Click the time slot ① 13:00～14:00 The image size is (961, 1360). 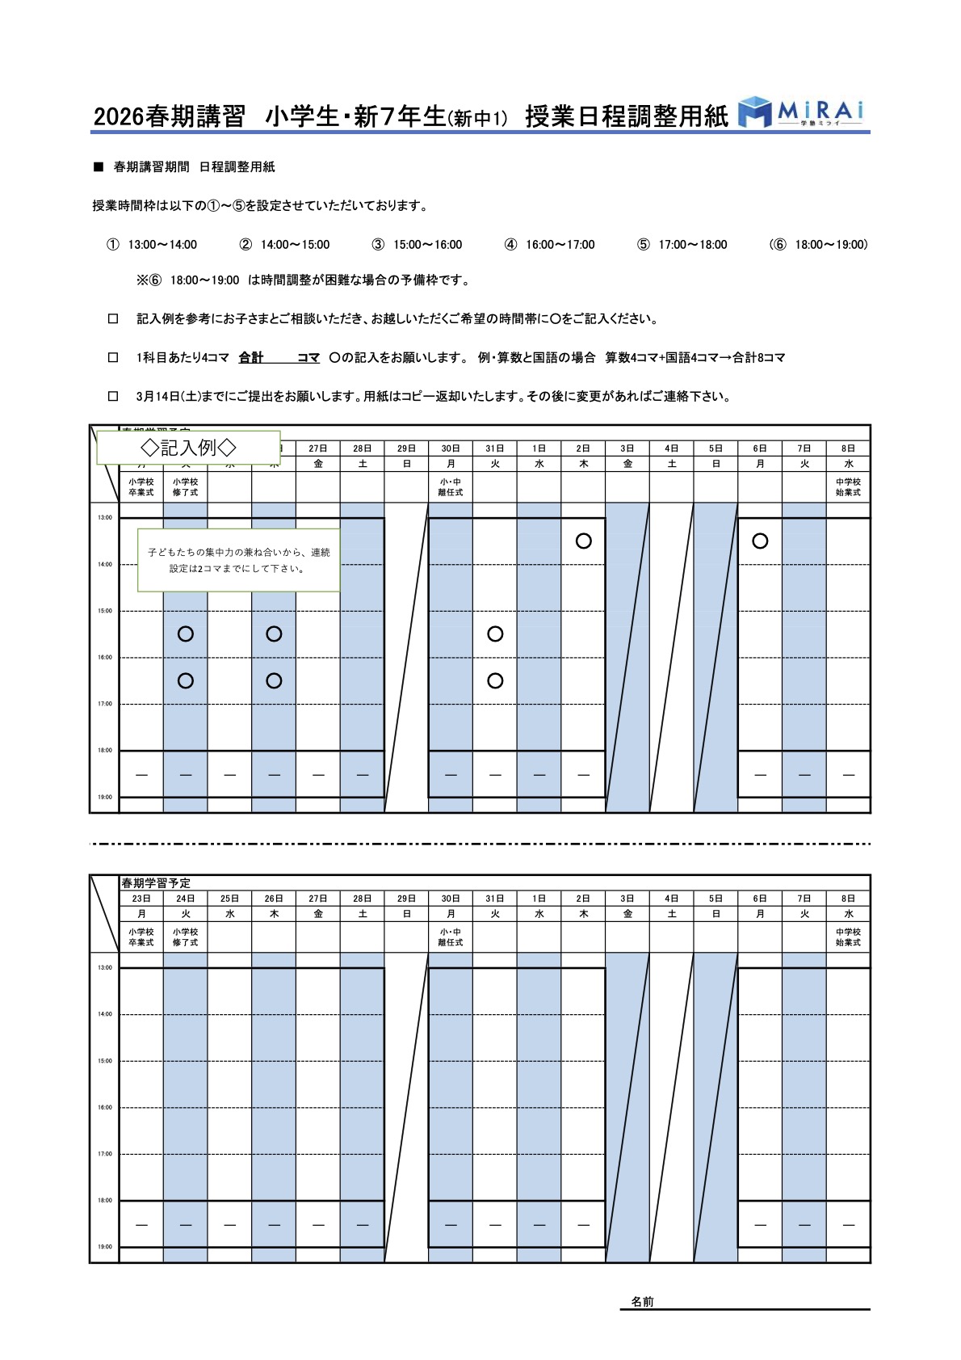point(153,245)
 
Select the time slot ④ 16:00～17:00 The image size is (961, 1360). point(550,245)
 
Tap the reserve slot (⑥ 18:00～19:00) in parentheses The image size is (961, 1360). point(819,245)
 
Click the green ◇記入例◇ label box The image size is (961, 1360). point(188,447)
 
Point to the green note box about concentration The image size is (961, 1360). point(238,560)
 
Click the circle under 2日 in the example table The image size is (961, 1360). point(583,541)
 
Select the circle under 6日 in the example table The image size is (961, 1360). point(760,541)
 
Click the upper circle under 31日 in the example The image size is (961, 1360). point(495,634)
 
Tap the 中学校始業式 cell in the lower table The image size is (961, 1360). point(848,937)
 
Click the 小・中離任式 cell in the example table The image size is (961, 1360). point(451,487)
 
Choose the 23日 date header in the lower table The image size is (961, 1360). point(141,899)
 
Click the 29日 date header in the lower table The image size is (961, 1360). point(406,899)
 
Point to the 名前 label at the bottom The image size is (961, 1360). point(643,1302)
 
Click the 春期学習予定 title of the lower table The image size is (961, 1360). point(156,883)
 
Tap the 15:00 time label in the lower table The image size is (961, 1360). point(105,1061)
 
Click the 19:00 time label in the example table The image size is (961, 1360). point(105,798)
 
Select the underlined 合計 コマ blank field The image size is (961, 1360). point(279,358)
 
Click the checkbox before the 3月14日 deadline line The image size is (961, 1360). point(113,396)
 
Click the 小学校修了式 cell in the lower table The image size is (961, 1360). point(185,937)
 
